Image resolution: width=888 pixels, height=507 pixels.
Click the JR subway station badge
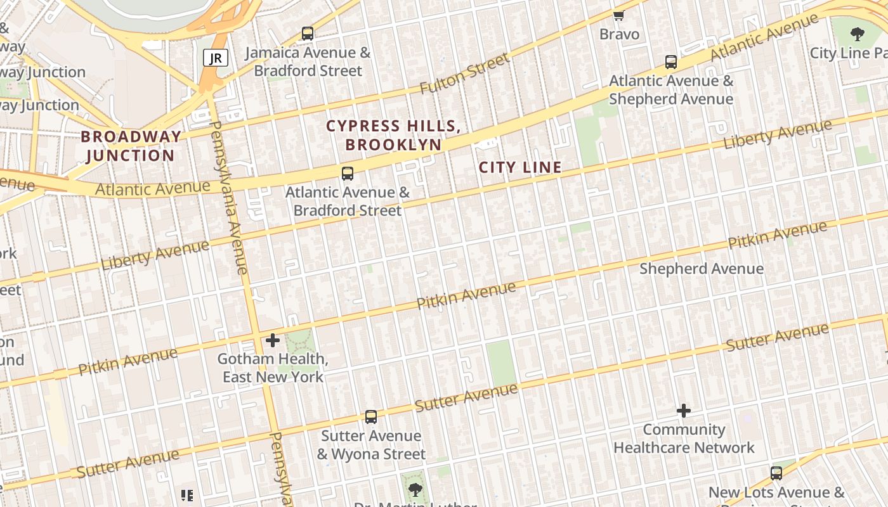216,58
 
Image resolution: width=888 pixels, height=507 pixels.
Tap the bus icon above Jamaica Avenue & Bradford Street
308,33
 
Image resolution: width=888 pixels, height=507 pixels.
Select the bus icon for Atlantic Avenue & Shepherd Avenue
671,62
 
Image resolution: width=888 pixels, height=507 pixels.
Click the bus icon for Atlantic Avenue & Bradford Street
348,173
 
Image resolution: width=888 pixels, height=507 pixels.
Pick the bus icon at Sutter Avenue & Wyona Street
371,417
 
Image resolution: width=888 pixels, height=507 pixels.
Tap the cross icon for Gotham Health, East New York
273,340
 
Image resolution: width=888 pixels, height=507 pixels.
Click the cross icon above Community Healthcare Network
684,411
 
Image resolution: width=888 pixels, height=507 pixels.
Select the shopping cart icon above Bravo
619,15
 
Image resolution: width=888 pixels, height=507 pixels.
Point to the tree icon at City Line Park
858,34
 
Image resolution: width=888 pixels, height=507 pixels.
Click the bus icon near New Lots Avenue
776,473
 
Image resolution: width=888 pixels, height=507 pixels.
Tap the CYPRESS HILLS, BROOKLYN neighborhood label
393,135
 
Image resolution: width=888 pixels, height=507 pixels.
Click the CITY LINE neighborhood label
520,167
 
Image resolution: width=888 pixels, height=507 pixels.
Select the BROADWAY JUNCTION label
131,146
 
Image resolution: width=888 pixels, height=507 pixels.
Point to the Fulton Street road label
466,74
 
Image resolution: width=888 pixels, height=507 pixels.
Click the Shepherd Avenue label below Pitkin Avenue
701,268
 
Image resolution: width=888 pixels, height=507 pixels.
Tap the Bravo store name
619,34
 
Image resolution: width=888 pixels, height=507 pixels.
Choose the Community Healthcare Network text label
684,439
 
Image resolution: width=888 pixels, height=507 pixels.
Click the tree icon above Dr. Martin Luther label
415,489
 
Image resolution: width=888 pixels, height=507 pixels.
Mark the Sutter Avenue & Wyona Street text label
371,445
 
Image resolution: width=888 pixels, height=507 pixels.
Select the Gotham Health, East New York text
273,368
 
